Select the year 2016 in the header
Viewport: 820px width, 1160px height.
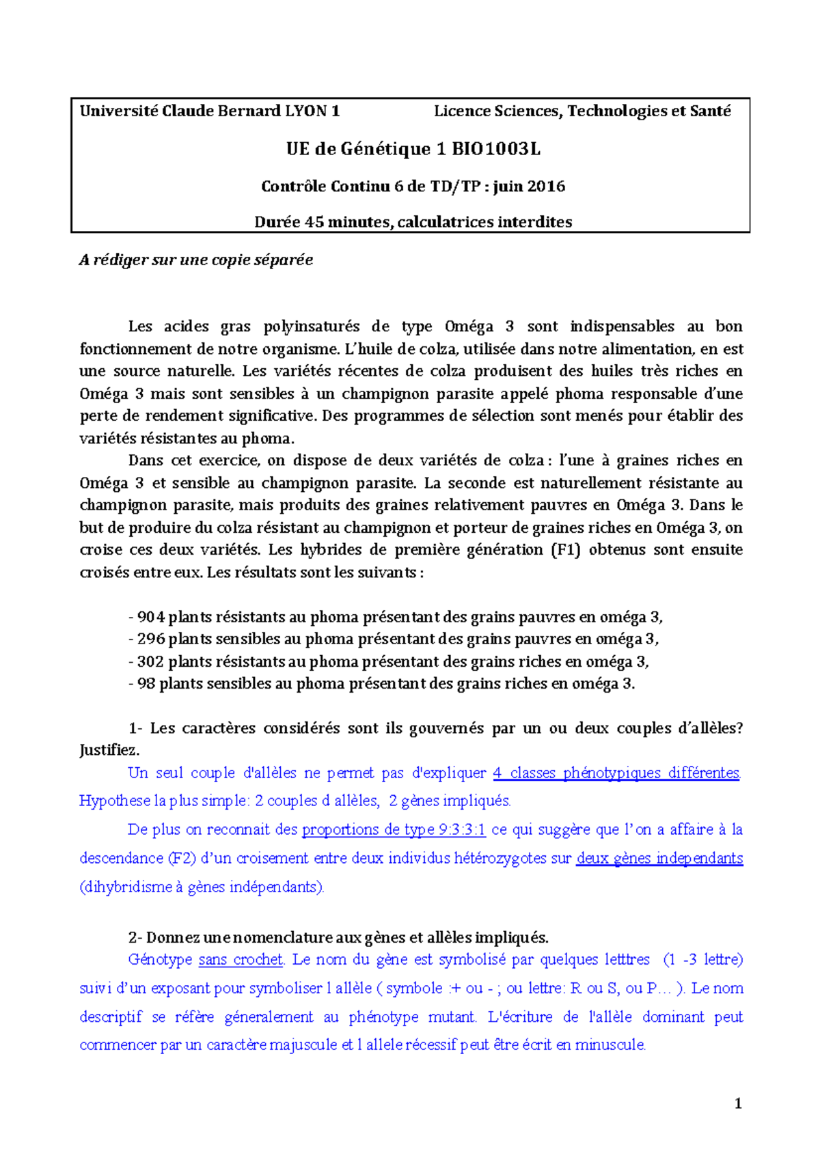coord(546,187)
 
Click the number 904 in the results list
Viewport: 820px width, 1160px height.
coord(151,618)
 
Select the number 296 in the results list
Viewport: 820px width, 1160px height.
coord(151,639)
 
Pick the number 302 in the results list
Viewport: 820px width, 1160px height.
coord(151,662)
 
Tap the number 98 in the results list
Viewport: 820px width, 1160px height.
coord(146,684)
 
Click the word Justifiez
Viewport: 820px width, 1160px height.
coord(109,750)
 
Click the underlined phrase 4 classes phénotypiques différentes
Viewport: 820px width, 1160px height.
coord(616,773)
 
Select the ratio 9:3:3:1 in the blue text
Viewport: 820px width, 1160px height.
coord(463,830)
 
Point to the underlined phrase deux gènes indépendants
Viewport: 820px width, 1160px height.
coord(659,859)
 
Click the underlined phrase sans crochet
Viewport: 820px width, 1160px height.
coord(241,960)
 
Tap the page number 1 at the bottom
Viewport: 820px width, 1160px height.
coord(737,1104)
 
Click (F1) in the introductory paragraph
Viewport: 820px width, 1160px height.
coord(565,550)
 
